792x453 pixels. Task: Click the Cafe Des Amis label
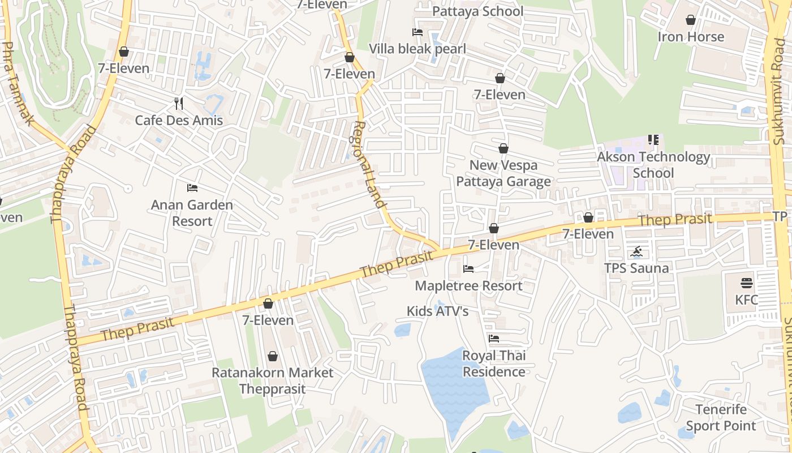click(x=179, y=120)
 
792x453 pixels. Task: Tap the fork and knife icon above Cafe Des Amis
click(x=179, y=103)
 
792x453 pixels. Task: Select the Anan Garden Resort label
click(x=192, y=213)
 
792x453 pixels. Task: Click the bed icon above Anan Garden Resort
click(x=192, y=187)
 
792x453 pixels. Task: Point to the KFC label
click(x=746, y=300)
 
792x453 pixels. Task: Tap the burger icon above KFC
click(x=747, y=283)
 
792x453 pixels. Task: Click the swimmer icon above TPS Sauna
click(x=637, y=251)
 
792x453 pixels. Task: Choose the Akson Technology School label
click(x=653, y=165)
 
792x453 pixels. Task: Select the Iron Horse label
click(x=691, y=37)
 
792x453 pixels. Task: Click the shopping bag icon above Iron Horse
click(x=691, y=20)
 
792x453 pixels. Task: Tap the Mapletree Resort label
click(x=468, y=285)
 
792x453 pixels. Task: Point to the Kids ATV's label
click(x=437, y=311)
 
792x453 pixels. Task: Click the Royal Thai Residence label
click(x=494, y=364)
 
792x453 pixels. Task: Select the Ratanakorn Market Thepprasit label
click(x=272, y=381)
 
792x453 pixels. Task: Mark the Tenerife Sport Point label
click(x=721, y=417)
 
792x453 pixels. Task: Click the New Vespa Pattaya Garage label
click(x=503, y=173)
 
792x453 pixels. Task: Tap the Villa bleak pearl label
click(x=417, y=49)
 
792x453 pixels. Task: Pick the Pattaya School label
click(x=478, y=11)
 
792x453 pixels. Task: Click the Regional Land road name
click(x=370, y=164)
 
